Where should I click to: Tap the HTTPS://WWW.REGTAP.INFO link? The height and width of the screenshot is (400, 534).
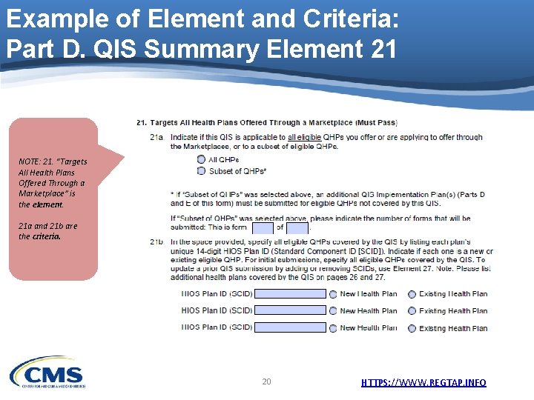[423, 382]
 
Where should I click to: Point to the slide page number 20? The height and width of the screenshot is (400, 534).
[266, 381]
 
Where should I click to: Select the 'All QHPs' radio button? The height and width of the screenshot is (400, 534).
[202, 160]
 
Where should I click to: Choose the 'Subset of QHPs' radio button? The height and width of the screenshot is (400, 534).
[202, 171]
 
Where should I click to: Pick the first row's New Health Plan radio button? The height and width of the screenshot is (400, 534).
[333, 294]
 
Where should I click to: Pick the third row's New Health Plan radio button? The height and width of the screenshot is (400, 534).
[333, 328]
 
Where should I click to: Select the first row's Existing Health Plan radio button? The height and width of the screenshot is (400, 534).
[412, 294]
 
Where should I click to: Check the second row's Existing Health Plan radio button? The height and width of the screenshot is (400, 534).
[412, 311]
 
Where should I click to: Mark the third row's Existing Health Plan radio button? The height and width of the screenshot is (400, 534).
[412, 328]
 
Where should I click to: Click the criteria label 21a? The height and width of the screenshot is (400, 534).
[156, 137]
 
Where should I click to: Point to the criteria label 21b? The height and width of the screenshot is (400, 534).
[156, 241]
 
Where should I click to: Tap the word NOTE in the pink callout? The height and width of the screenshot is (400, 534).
[30, 162]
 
